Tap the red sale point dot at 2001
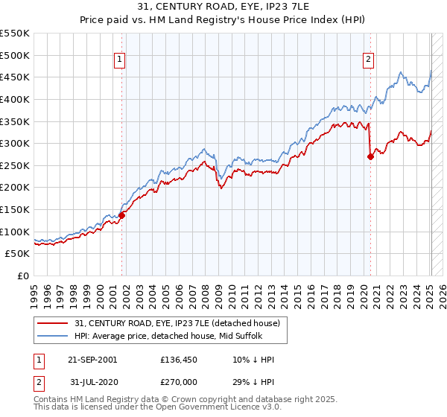121,215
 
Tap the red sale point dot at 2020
370,156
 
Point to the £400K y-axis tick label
15,99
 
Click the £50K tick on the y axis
18,254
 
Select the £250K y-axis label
15,165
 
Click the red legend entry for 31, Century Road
177,323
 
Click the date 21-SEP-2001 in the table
92,360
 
